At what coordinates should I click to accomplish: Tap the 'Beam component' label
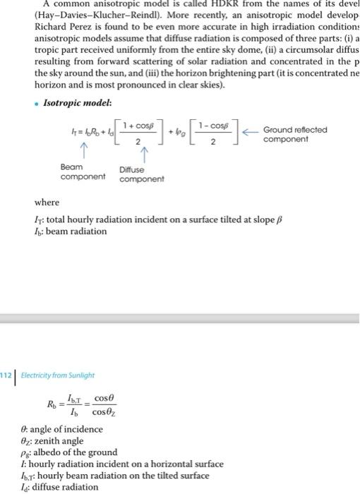tap(78, 171)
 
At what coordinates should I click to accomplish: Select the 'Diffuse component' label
tap(141, 174)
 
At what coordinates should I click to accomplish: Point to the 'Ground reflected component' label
tap(294, 134)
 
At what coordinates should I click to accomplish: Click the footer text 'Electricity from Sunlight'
tap(57, 375)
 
